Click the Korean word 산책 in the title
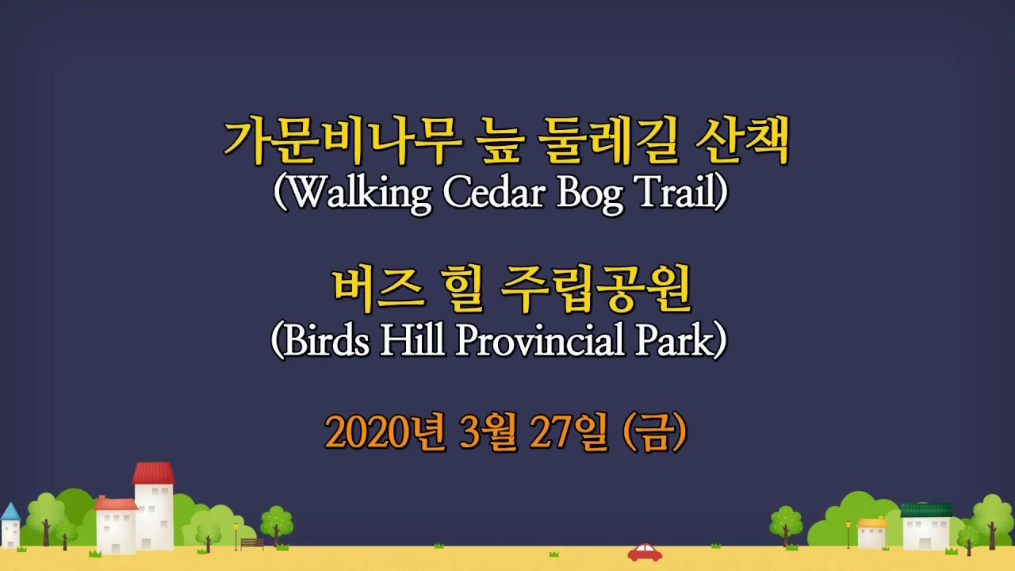coord(741,141)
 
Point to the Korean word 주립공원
coord(595,289)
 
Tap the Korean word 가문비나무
coord(342,141)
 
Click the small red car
coord(645,553)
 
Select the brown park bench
coord(252,543)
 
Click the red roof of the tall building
coord(153,473)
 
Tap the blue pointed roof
coord(10,512)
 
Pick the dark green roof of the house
coord(926,510)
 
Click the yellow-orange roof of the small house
coord(871,523)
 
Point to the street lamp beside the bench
coord(236,537)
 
